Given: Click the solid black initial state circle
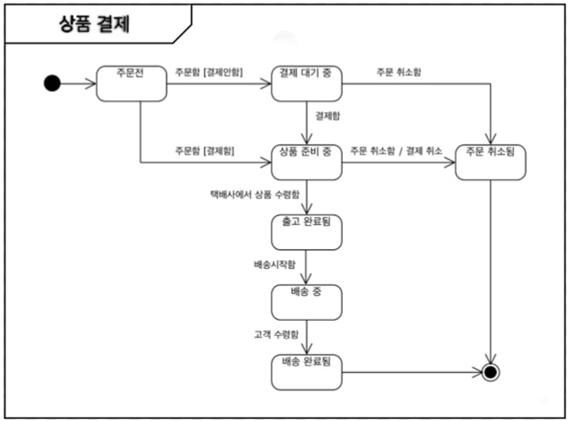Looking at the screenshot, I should [x=52, y=83].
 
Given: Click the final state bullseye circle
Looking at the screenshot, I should [x=491, y=372].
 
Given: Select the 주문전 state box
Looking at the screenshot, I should [x=131, y=84].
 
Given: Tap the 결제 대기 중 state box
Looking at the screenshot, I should [x=306, y=84].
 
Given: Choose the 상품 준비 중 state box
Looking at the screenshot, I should [x=306, y=163].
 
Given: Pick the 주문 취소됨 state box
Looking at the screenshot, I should [x=490, y=163].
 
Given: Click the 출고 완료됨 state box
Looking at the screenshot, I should [x=306, y=233].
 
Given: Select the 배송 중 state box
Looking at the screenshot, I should [x=306, y=302].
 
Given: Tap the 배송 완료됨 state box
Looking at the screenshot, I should [x=306, y=372].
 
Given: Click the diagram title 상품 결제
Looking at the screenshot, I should [x=94, y=24].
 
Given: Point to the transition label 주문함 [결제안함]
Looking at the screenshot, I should [x=209, y=72].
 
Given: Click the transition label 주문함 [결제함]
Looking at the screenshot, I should [x=205, y=151].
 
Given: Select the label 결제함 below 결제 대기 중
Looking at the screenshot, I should [x=327, y=116].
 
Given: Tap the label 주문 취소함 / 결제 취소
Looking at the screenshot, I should [x=396, y=151].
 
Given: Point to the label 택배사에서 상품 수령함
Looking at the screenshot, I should [x=255, y=194].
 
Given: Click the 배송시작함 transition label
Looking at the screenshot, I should [x=274, y=265].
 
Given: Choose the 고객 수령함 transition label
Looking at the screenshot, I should [x=276, y=335].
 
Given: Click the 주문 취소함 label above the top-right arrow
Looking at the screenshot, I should [x=399, y=72].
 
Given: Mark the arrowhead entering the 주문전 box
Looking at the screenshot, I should [x=91, y=83].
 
